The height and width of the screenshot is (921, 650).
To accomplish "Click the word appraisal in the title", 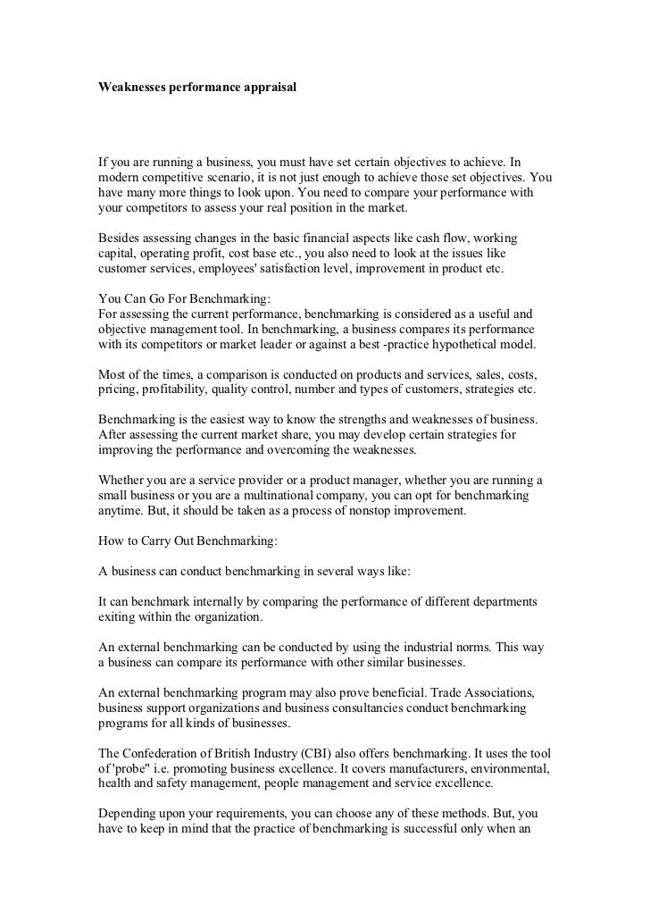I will click(265, 90).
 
